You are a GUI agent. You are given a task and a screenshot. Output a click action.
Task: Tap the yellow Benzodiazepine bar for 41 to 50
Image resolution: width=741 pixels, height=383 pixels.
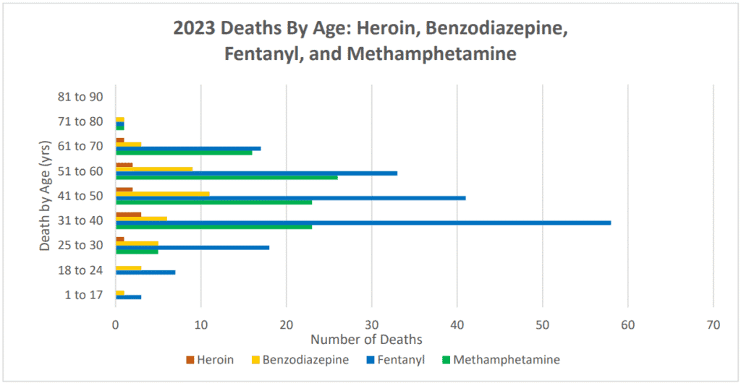[x=163, y=194]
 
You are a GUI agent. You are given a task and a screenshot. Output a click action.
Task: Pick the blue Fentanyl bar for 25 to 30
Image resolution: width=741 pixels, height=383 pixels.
[x=192, y=247]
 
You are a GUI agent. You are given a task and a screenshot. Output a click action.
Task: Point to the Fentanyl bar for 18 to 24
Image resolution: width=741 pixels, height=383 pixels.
[x=145, y=272]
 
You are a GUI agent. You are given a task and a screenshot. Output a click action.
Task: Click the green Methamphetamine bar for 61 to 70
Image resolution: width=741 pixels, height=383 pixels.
[x=184, y=152]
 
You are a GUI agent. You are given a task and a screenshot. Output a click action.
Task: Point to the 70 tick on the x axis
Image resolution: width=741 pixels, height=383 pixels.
[x=714, y=326]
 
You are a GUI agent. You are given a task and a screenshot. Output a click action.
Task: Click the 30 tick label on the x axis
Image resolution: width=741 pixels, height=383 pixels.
[x=372, y=326]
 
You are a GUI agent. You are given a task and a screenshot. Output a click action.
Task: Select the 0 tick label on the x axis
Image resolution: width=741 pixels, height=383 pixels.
[x=116, y=326]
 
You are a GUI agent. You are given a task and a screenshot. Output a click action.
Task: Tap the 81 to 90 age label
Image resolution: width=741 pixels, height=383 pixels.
[x=81, y=97]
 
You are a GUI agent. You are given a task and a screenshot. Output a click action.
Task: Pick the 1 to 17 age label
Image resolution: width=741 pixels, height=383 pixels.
[x=83, y=295]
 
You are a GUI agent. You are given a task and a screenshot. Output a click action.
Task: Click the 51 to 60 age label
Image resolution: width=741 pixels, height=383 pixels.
[x=81, y=171]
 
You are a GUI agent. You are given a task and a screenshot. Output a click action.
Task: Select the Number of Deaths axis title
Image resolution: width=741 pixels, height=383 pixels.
[x=366, y=339]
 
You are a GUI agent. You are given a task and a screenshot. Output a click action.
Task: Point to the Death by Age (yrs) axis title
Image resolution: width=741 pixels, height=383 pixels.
[x=46, y=195]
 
